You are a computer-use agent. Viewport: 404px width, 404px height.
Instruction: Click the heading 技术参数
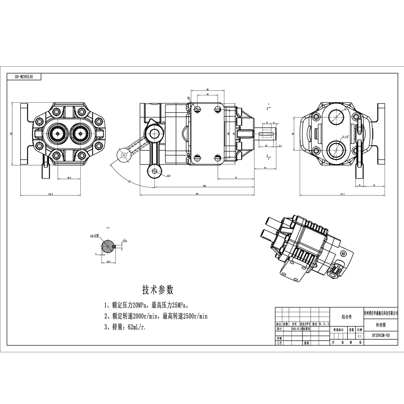point(158,289)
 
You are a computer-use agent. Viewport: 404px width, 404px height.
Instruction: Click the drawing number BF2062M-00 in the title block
point(381,335)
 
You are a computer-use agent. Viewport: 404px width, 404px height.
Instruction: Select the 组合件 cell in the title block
point(347,317)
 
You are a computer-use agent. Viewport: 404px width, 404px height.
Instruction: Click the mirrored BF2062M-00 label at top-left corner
point(24,76)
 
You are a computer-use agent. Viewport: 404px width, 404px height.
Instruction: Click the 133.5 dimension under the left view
point(50,194)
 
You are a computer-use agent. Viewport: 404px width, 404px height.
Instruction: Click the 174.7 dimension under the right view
point(342,194)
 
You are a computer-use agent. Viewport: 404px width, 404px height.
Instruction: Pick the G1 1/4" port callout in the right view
point(347,137)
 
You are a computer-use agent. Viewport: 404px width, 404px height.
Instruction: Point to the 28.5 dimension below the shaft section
point(109,261)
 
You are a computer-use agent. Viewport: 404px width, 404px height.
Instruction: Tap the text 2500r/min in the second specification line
point(194,316)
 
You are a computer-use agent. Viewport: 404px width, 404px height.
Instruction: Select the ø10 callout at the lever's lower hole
point(168,176)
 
